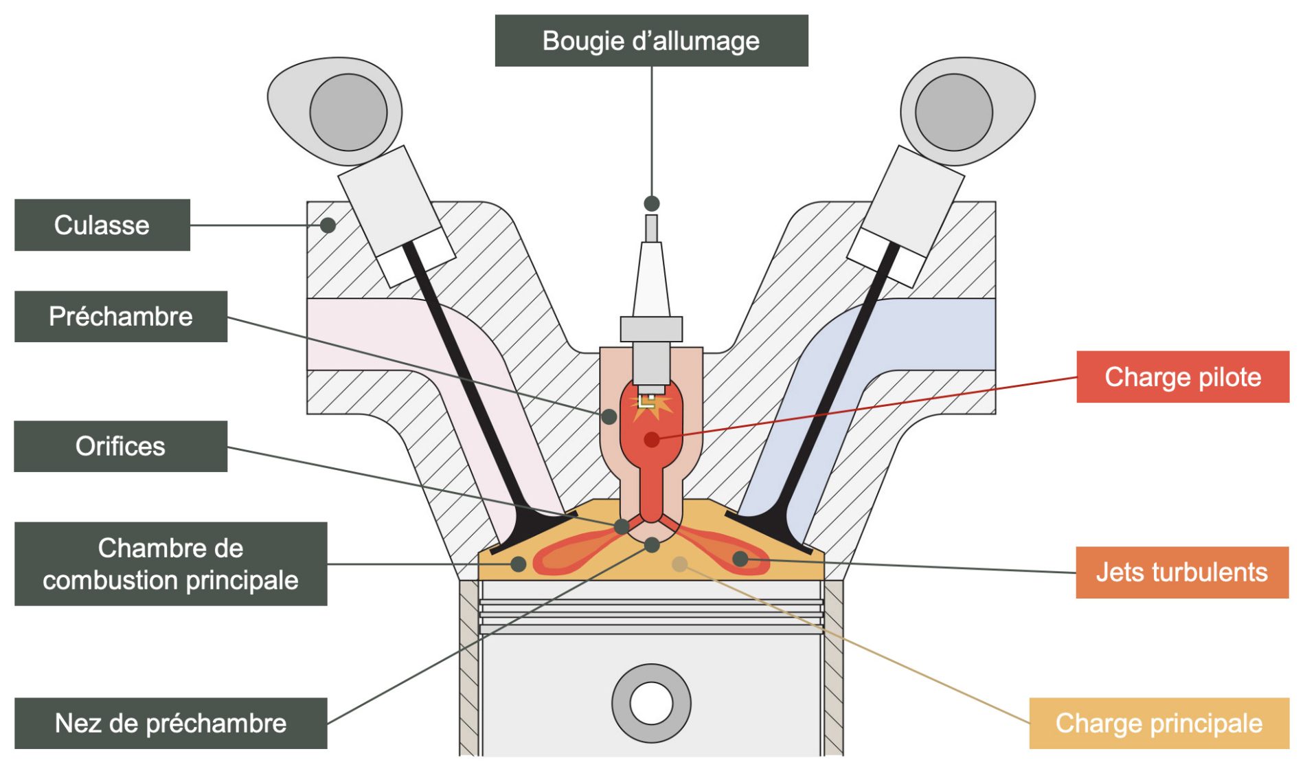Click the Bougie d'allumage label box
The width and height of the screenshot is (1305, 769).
pyautogui.click(x=651, y=41)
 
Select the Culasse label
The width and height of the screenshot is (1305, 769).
pyautogui.click(x=102, y=225)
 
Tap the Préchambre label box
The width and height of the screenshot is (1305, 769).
pyautogui.click(x=120, y=316)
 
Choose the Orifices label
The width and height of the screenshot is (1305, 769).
pyautogui.click(x=120, y=446)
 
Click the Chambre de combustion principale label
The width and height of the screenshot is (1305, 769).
pyautogui.click(x=170, y=564)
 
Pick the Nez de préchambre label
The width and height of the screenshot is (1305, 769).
pyautogui.click(x=170, y=723)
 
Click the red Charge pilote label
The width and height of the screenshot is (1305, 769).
pyautogui.click(x=1182, y=377)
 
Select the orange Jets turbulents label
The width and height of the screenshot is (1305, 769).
pyautogui.click(x=1181, y=572)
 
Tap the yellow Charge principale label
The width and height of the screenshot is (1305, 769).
pyautogui.click(x=1159, y=723)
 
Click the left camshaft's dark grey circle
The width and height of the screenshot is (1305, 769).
pyautogui.click(x=348, y=112)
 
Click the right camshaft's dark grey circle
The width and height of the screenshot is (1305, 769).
pyautogui.click(x=953, y=112)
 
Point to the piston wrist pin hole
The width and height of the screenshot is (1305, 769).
pyautogui.click(x=651, y=703)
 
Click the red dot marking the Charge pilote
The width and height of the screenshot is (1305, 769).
pyautogui.click(x=652, y=439)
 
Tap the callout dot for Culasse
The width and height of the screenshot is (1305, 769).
pyautogui.click(x=328, y=225)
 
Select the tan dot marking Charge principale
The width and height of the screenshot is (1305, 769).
pyautogui.click(x=679, y=564)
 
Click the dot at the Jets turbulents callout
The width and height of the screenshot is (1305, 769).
pyautogui.click(x=740, y=559)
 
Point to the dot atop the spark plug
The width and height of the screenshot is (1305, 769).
pyautogui.click(x=652, y=203)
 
